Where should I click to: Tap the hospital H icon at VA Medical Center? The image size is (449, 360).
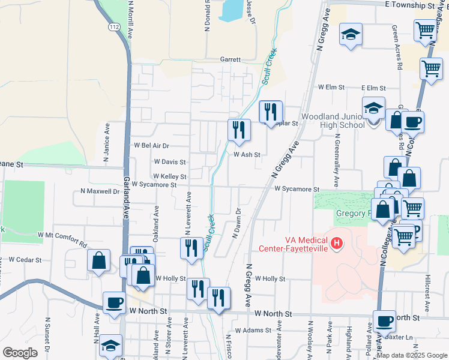(337, 244)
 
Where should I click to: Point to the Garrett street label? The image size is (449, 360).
(230, 60)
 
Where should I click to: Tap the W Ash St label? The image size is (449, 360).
(247, 154)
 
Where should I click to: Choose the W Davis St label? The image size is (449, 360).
(169, 162)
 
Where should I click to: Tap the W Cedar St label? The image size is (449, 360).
(25, 260)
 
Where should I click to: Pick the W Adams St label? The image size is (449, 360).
(254, 330)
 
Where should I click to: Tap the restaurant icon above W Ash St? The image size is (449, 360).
(239, 129)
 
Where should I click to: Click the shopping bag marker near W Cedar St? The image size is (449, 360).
(98, 260)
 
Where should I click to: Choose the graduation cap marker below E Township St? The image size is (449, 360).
(351, 34)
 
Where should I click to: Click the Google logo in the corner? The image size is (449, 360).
(20, 353)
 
